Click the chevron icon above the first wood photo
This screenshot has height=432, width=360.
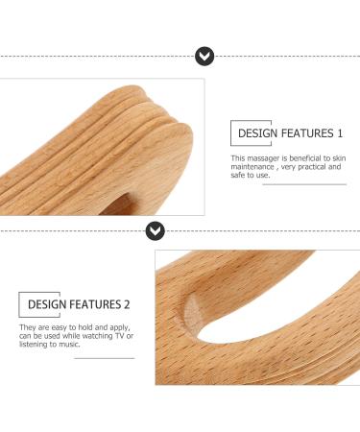tap(204, 57)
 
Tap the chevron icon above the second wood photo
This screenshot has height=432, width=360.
tap(155, 230)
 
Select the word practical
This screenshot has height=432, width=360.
tap(312, 166)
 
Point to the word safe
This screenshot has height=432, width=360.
tap(239, 175)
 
